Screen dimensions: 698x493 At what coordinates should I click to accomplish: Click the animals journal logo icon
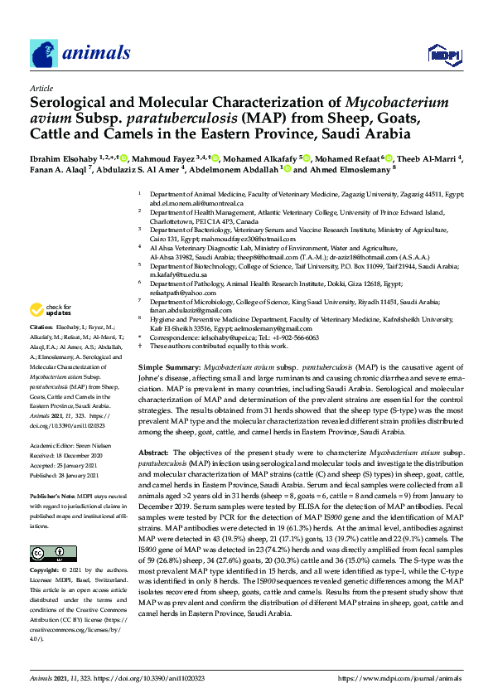(x=45, y=54)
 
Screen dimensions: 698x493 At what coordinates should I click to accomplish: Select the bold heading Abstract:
(x=155, y=452)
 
